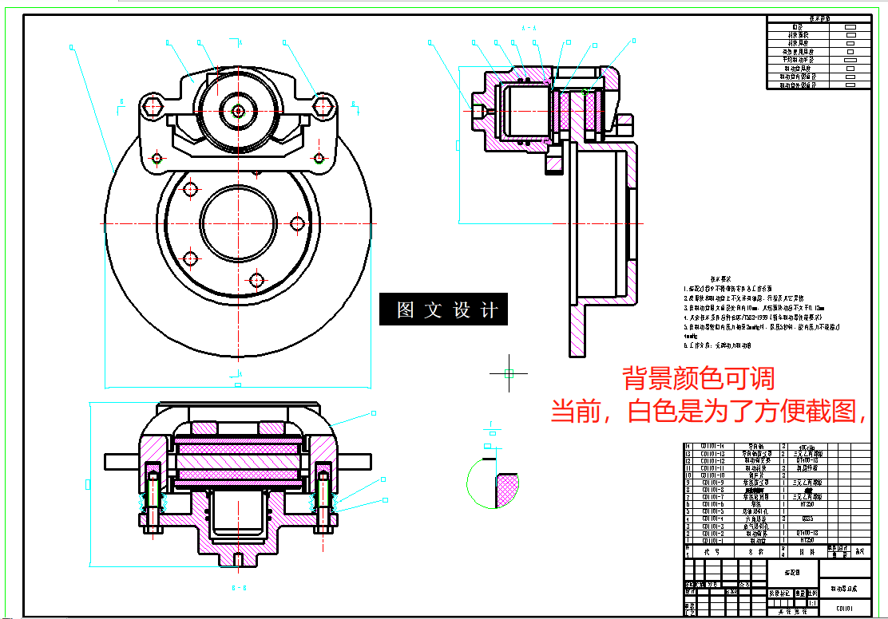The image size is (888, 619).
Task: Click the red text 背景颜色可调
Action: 698,377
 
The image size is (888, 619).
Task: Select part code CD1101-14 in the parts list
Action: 712,446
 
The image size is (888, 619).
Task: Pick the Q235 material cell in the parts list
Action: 807,518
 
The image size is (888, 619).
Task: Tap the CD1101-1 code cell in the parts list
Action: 712,540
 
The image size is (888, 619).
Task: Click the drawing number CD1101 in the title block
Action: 844,608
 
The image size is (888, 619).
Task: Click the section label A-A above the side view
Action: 529,29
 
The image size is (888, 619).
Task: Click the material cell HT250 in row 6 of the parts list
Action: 807,504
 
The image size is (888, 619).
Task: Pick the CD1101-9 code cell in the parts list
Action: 712,483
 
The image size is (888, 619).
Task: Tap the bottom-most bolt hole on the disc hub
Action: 256,281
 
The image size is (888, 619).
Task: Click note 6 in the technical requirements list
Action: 718,346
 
